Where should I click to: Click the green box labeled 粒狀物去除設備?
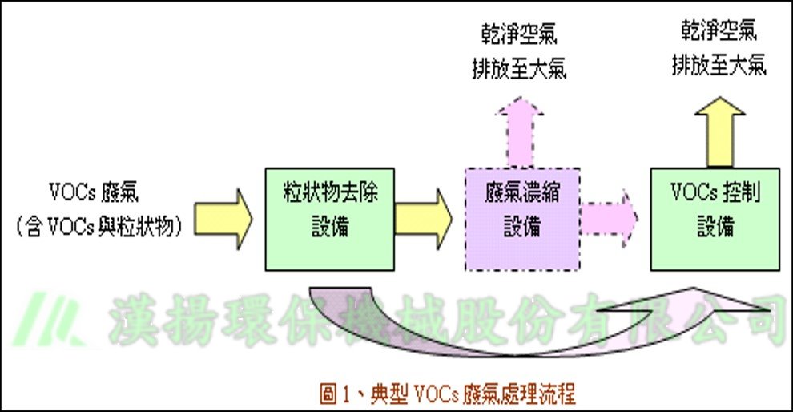tap(329, 219)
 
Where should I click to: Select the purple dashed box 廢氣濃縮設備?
tap(521, 218)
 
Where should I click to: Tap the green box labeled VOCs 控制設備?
tap(715, 218)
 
